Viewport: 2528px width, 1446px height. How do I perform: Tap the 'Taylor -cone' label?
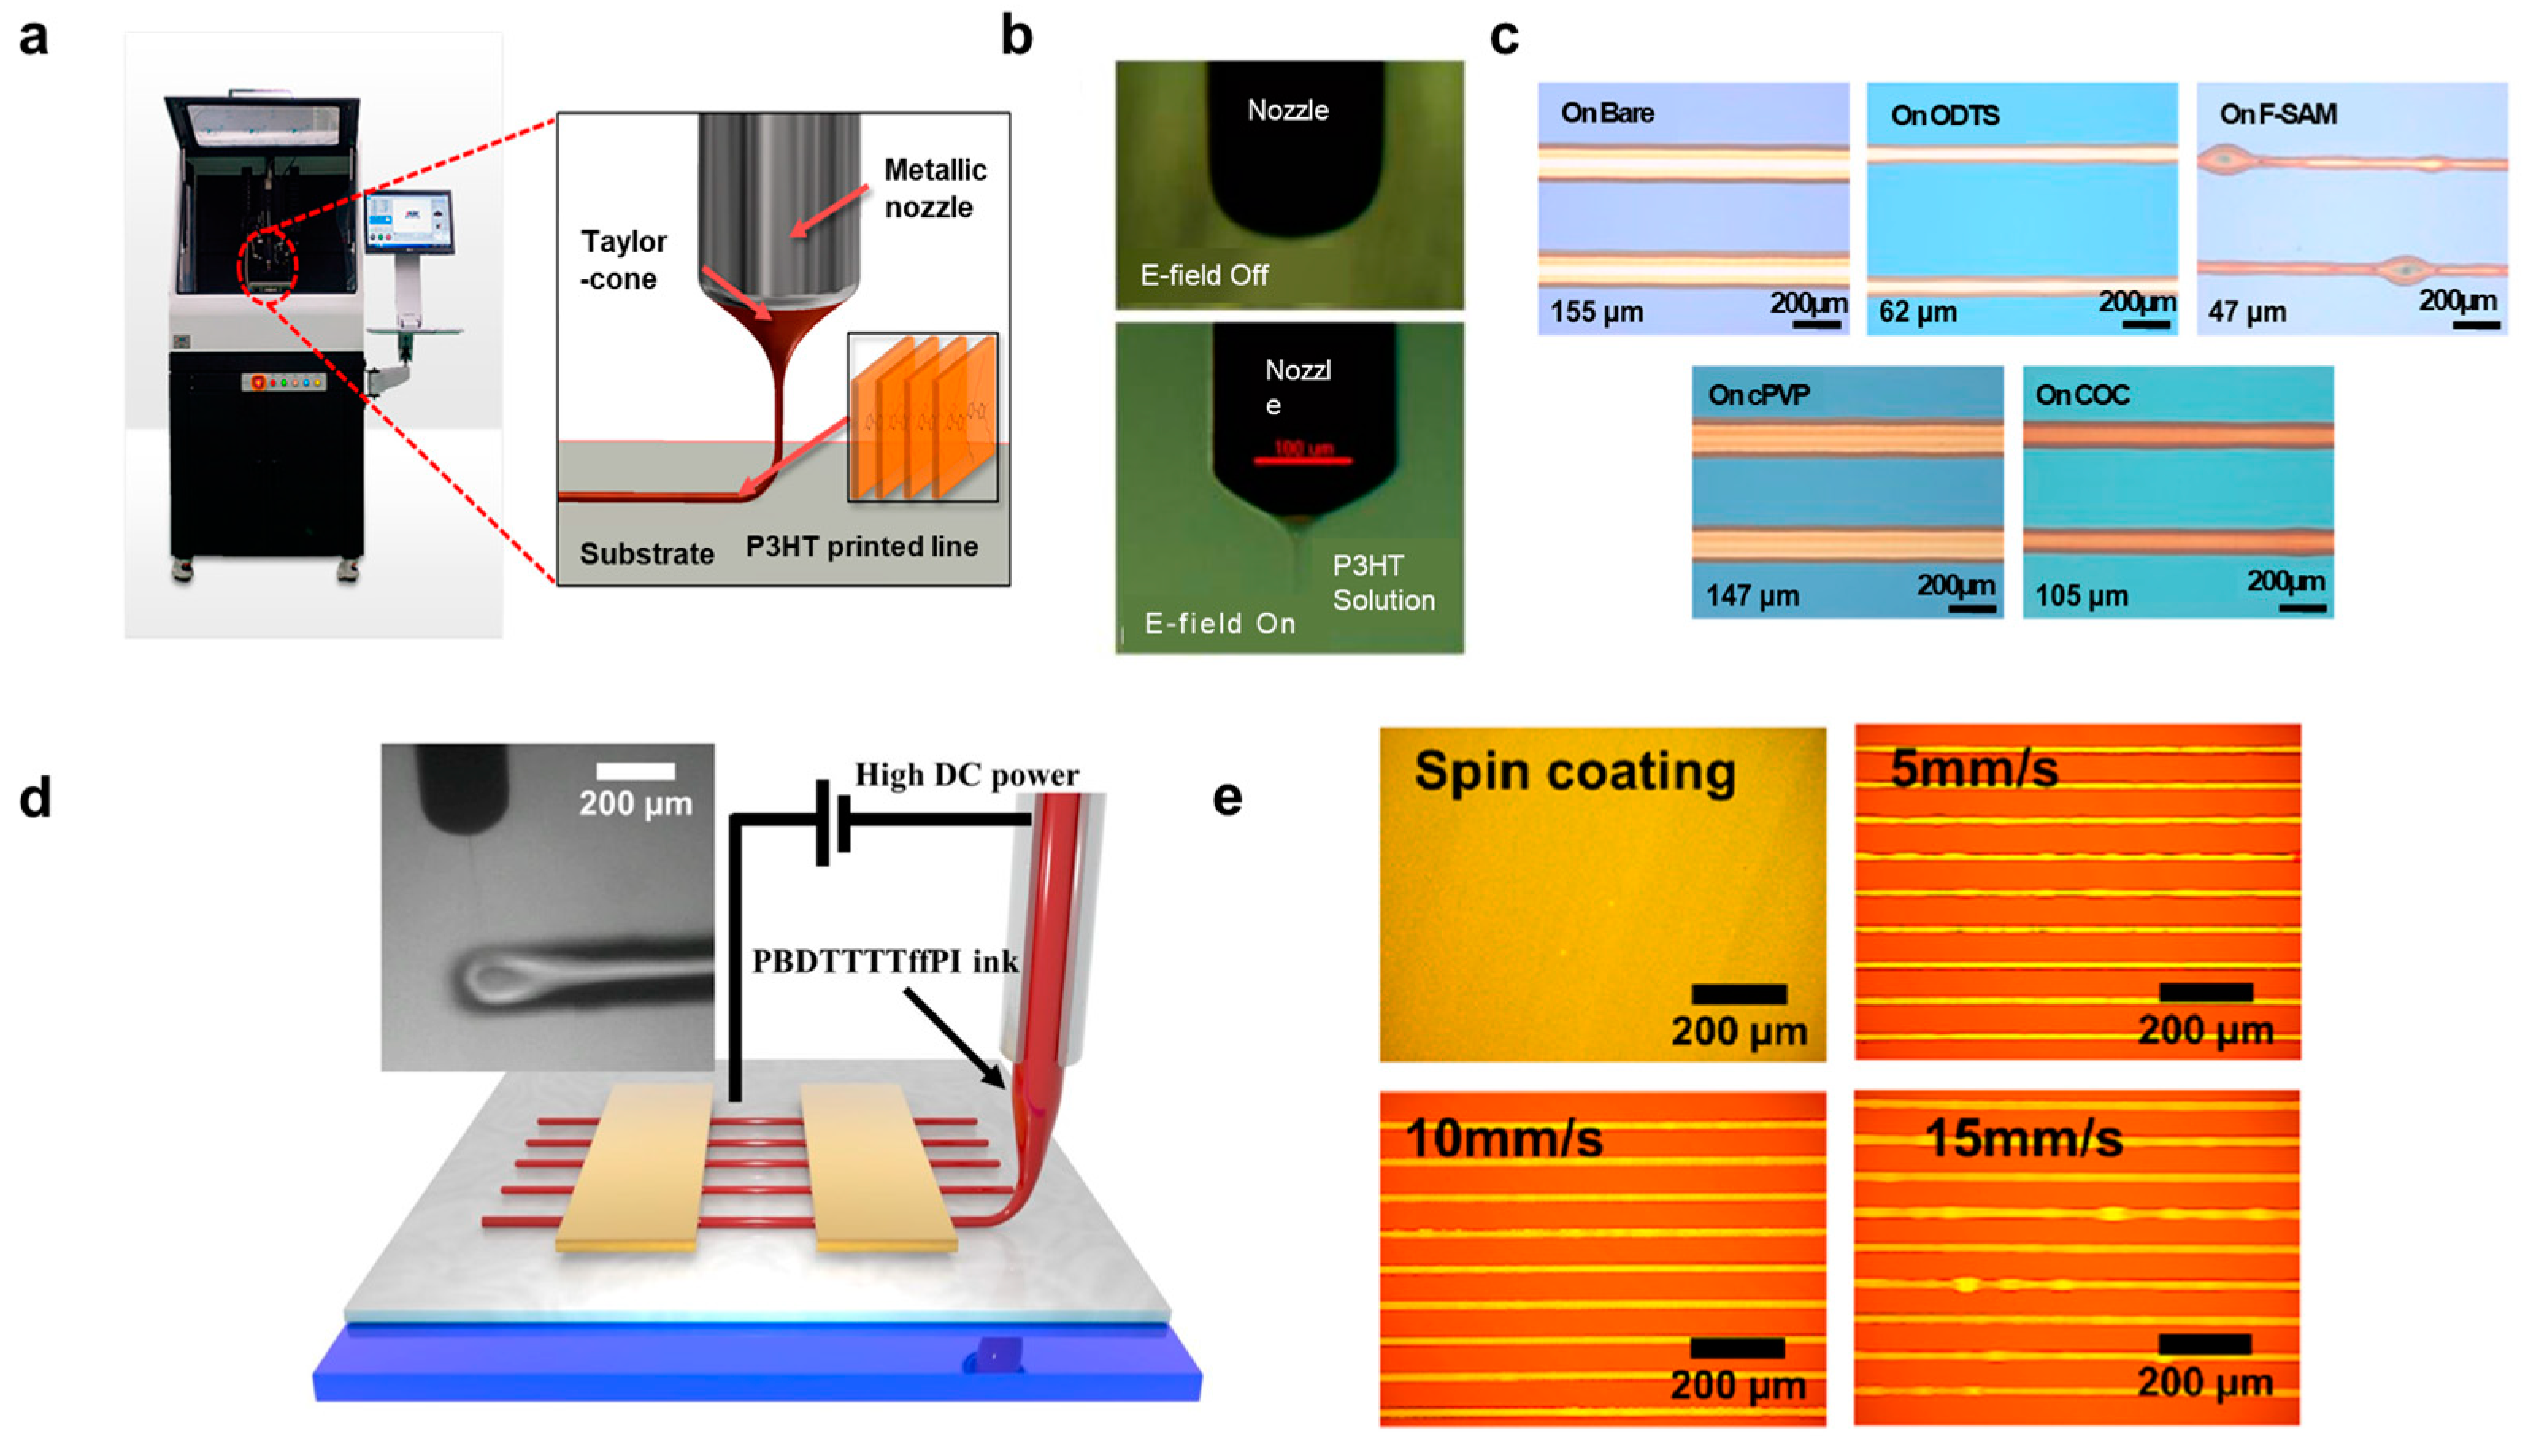(623, 260)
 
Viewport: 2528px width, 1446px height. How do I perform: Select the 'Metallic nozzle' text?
(935, 188)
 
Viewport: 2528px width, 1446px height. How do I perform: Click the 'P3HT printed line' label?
(861, 546)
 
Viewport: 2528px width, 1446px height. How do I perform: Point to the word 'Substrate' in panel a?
(647, 553)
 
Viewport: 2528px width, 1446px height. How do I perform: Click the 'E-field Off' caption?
(1204, 275)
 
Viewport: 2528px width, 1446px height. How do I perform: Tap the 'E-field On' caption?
(1220, 624)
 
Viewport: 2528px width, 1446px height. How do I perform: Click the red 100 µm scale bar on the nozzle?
(1302, 460)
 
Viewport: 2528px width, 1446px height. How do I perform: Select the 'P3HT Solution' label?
(1383, 583)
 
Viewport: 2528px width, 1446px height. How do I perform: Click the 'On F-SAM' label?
(2278, 115)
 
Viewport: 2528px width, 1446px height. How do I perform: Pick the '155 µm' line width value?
(1596, 312)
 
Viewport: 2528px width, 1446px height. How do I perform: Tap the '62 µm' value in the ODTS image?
(1917, 312)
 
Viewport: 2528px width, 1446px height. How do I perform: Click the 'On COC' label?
(2081, 395)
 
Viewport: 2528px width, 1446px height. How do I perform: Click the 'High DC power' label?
(966, 775)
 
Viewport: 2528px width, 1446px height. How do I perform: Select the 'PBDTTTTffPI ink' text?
(885, 961)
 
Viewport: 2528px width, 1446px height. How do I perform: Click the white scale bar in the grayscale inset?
(636, 771)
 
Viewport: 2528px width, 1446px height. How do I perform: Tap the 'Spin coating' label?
(1575, 771)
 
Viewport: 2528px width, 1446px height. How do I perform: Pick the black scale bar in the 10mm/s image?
(1737, 1348)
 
